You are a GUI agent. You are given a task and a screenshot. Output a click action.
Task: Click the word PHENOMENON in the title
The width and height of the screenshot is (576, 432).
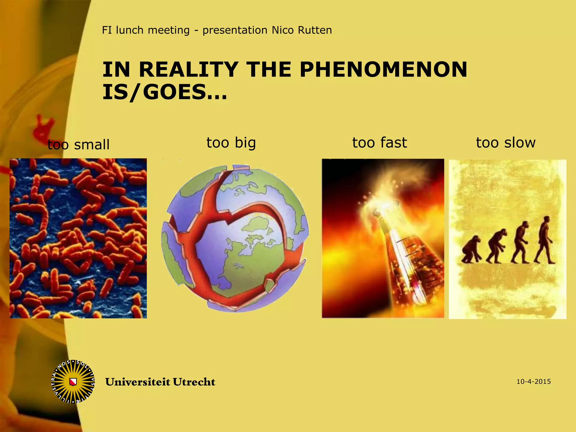coord(383,69)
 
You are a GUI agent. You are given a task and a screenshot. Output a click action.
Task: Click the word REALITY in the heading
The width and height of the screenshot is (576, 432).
coord(188,69)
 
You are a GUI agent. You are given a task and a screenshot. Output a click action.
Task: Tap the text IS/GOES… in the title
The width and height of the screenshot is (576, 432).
coord(165,92)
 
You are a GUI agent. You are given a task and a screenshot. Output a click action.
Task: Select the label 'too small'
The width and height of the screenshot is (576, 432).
coord(78,145)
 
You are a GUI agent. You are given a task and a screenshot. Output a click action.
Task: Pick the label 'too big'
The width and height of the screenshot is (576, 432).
coord(231,143)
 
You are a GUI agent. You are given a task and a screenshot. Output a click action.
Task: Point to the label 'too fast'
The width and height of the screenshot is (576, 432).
coord(380,143)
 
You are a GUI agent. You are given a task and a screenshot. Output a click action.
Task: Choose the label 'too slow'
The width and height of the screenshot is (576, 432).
coord(506,143)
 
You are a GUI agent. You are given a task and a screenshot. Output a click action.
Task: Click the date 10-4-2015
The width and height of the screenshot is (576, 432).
coord(534,382)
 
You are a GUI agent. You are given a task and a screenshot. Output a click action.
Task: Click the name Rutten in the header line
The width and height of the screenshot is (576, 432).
coord(315,30)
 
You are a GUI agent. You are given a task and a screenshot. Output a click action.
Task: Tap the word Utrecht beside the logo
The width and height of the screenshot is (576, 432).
coord(194,382)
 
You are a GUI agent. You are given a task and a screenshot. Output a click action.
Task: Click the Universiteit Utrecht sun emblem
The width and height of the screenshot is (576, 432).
coord(73,382)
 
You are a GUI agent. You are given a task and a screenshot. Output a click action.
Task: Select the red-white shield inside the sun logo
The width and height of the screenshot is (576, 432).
coord(73,382)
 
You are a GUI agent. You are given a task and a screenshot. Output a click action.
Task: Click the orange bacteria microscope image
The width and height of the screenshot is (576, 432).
coord(78,238)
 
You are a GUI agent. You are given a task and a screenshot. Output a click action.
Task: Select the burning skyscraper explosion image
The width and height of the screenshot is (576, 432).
coord(383,238)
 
